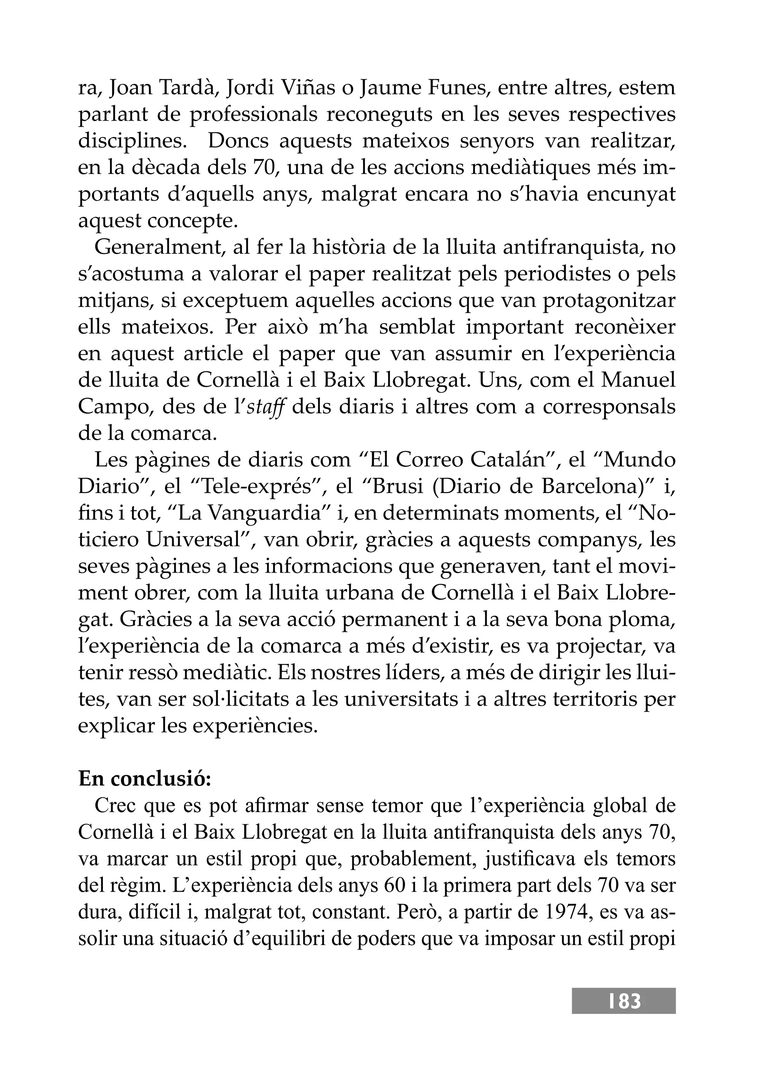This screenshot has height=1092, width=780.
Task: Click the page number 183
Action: (624, 1001)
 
